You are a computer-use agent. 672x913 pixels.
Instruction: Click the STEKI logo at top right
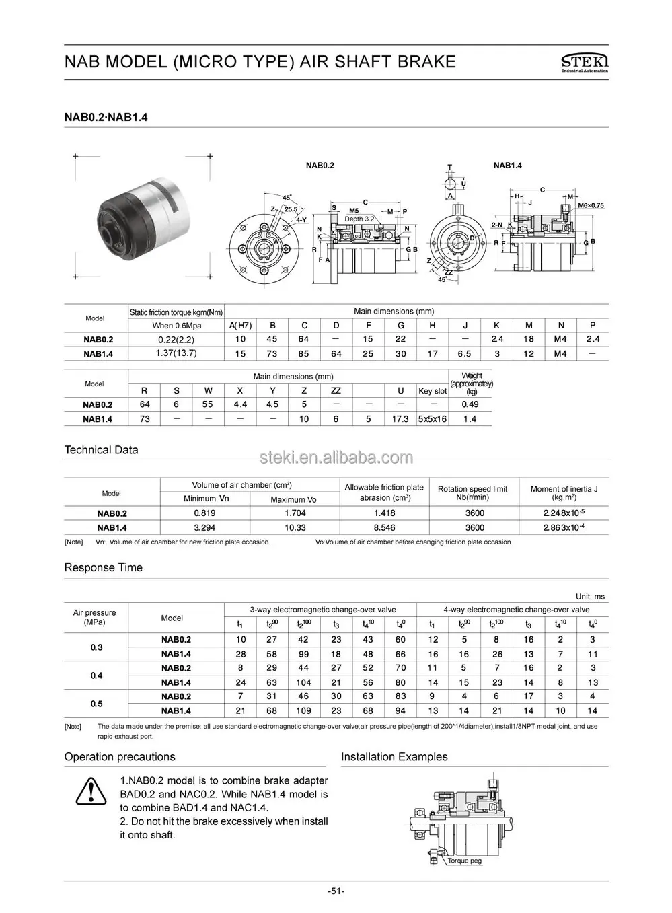click(x=583, y=63)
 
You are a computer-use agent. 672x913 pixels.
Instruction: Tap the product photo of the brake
click(x=142, y=216)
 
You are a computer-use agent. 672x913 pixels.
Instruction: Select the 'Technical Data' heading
click(x=101, y=450)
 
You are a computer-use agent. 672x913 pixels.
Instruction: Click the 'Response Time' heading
click(x=103, y=567)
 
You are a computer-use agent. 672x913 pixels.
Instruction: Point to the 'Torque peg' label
click(x=465, y=861)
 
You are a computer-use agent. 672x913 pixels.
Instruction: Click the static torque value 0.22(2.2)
click(x=176, y=340)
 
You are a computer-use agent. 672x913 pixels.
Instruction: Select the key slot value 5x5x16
click(x=433, y=418)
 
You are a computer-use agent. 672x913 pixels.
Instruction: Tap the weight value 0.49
click(x=470, y=404)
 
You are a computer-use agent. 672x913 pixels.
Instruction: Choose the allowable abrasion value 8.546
click(x=384, y=527)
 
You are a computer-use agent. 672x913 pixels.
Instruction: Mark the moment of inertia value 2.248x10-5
click(x=564, y=513)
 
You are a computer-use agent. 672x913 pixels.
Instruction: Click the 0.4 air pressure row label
click(x=96, y=675)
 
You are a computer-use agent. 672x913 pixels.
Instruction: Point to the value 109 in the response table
click(x=303, y=710)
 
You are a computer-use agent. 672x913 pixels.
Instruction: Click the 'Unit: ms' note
click(x=590, y=596)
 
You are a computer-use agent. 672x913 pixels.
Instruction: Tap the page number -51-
click(x=336, y=891)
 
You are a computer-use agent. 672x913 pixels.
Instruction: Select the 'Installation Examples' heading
click(x=394, y=757)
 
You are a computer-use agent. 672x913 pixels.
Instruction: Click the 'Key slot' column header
click(x=433, y=390)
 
